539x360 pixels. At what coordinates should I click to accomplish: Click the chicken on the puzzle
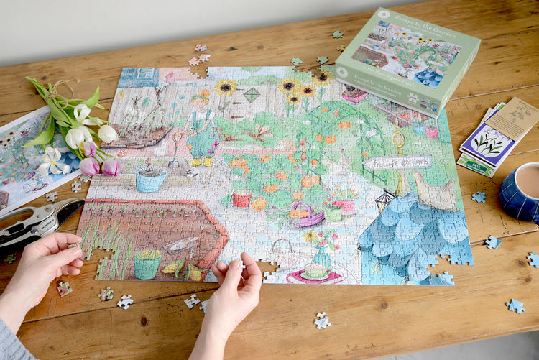tap(435, 193)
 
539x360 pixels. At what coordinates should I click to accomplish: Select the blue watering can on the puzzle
tap(150, 179)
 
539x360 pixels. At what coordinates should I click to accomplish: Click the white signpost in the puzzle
tap(397, 162)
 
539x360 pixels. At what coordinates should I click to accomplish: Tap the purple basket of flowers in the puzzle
tap(306, 215)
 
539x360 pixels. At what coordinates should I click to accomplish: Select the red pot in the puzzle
tap(242, 198)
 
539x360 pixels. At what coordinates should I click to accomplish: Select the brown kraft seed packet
tap(512, 119)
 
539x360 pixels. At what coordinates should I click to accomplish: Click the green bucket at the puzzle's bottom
tap(147, 264)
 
